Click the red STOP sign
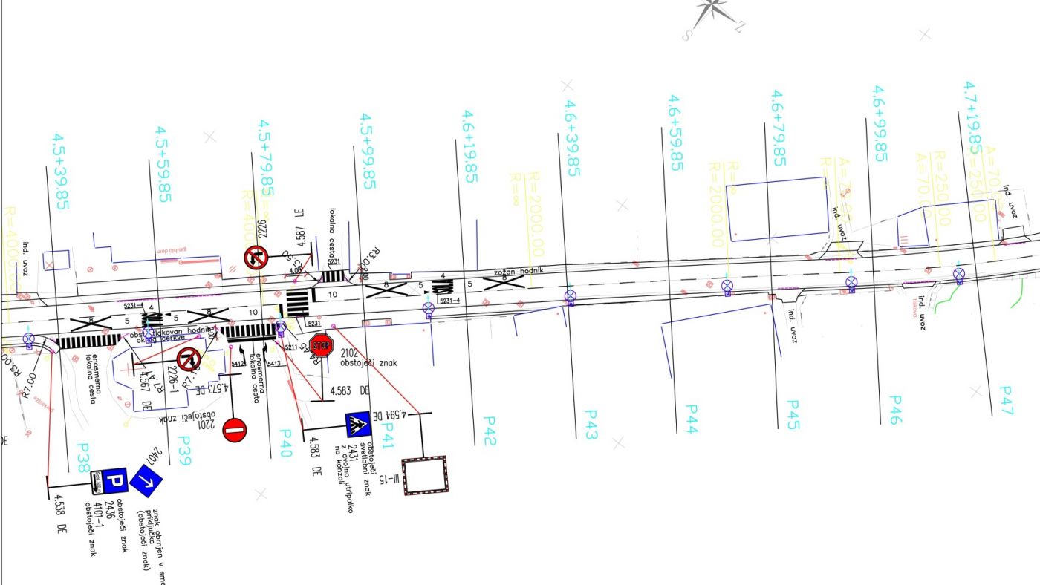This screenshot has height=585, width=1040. [x=321, y=345]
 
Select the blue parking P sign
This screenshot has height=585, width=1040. [x=114, y=480]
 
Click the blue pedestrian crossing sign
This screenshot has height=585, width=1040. [x=358, y=425]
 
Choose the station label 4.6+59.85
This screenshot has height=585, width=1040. [x=675, y=133]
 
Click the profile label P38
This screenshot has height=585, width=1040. [x=84, y=460]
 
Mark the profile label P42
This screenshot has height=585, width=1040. [x=489, y=431]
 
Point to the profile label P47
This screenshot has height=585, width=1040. [x=1006, y=401]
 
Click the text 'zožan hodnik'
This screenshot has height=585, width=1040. [x=521, y=271]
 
